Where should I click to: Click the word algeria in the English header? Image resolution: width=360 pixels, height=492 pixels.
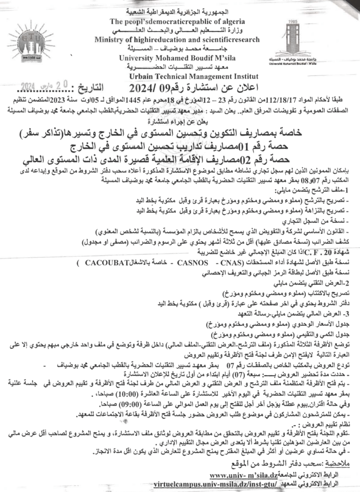pyautogui.click(x=231, y=21)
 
